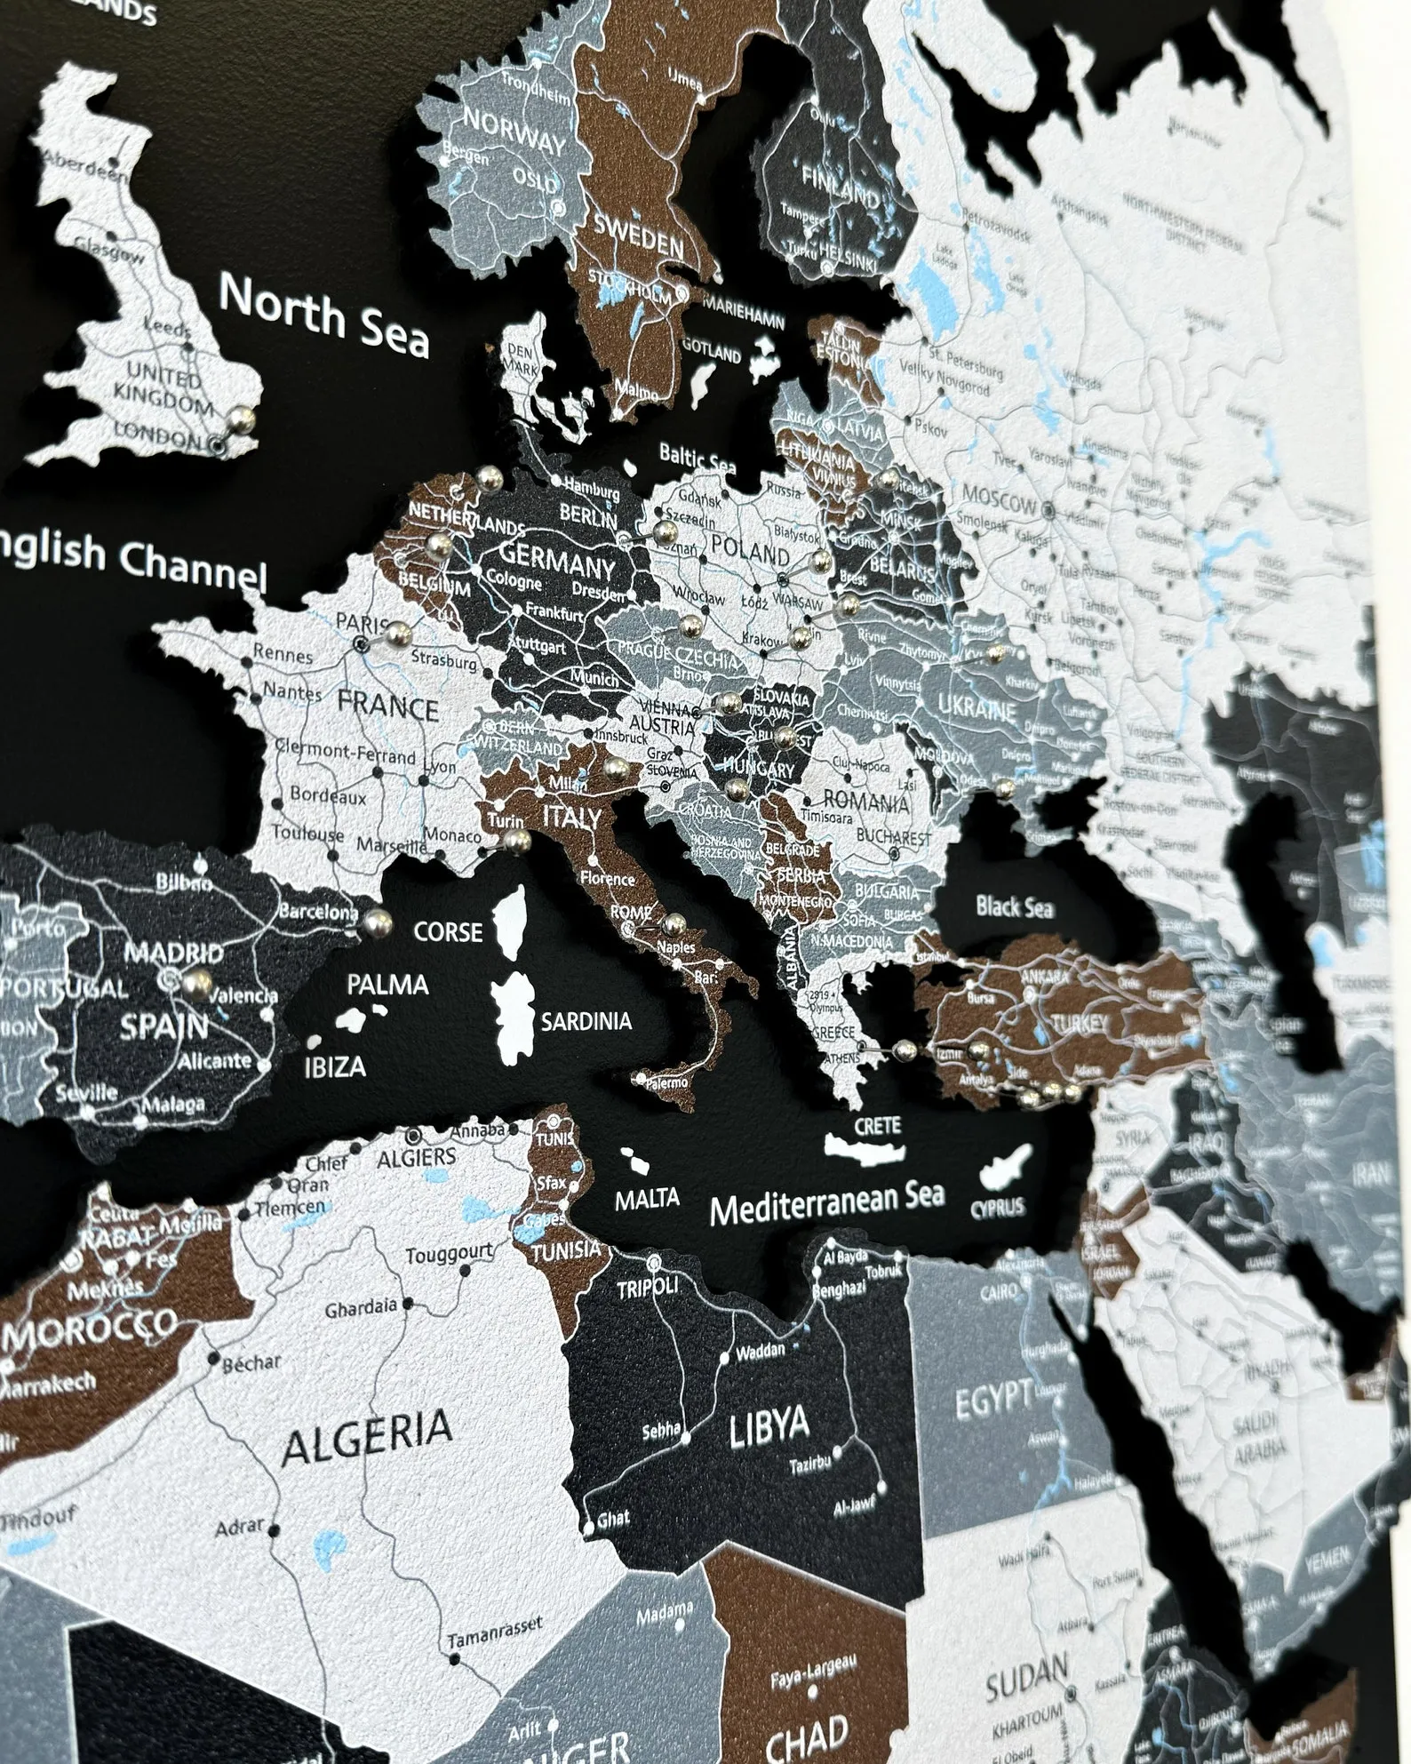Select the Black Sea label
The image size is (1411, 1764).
[1014, 906]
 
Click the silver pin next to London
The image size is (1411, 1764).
[242, 419]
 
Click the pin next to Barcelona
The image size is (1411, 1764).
[379, 922]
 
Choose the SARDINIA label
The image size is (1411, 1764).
[586, 1021]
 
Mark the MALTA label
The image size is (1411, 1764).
[648, 1197]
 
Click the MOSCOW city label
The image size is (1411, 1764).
[999, 505]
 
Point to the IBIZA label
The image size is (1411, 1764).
[334, 1066]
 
